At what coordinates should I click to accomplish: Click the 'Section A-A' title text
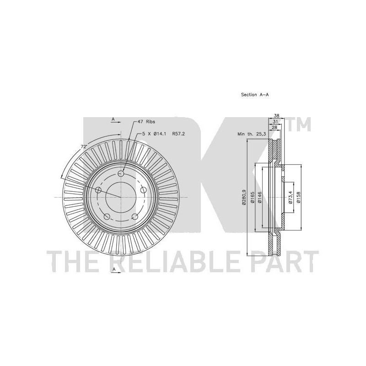[255, 95]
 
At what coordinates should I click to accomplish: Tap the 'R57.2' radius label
[178, 134]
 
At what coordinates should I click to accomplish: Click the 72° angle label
[84, 147]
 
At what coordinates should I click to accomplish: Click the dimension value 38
[276, 116]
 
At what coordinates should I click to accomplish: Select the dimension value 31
[275, 122]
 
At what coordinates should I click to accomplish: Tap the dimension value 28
[274, 128]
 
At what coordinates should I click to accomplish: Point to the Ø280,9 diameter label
[244, 197]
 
